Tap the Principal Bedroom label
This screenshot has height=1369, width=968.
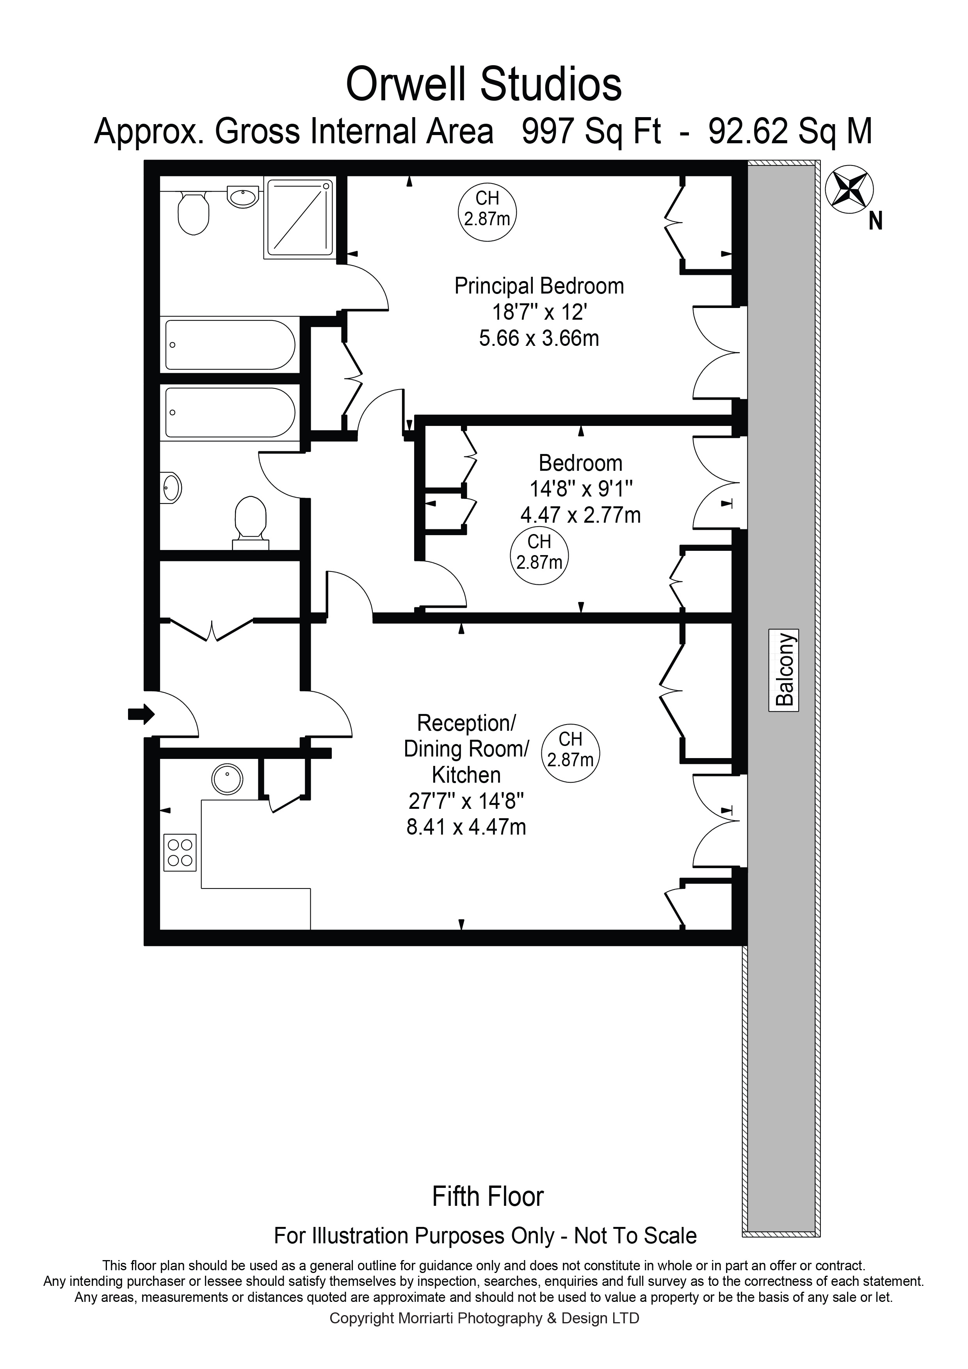tap(539, 286)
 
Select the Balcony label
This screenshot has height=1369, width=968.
tap(785, 671)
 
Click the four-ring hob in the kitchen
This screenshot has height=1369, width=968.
tap(180, 852)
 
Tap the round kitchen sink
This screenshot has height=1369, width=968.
tap(228, 779)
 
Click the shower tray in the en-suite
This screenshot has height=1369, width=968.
tap(299, 218)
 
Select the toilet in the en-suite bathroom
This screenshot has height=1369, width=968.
tap(194, 212)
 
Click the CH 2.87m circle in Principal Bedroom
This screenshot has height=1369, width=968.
tap(487, 211)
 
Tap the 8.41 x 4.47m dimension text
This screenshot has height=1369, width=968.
tap(466, 828)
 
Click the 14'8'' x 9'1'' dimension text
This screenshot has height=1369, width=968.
tap(580, 489)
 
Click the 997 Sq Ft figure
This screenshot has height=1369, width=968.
tap(591, 132)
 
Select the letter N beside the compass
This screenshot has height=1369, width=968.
tap(875, 222)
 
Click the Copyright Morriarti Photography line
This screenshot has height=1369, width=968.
tap(484, 1318)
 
